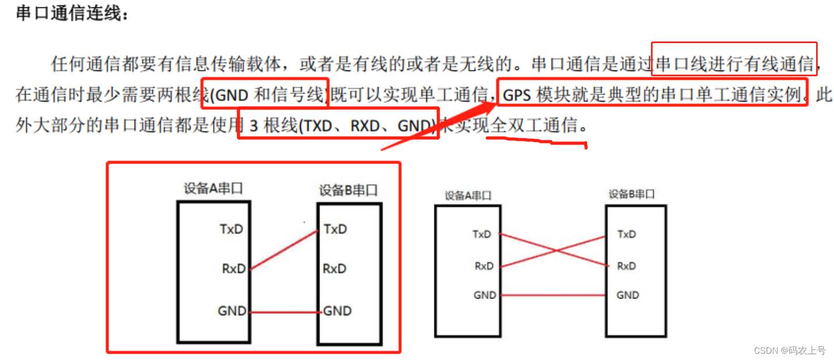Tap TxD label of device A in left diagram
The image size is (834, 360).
231,229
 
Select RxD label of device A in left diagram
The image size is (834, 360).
233,269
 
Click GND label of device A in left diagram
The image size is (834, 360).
231,311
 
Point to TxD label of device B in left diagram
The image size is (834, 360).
335,229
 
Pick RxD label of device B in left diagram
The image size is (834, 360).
334,269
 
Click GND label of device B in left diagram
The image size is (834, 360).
337,311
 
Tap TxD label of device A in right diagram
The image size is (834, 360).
482,234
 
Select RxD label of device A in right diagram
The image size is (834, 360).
484,266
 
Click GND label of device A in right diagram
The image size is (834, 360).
484,295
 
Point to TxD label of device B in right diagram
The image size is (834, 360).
626,234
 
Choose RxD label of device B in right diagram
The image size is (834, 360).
626,266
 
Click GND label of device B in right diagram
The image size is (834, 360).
627,295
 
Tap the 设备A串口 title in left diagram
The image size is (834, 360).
213,188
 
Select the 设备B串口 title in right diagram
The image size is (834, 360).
632,194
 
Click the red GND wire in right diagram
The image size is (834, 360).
552,295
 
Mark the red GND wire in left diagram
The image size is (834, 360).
284,312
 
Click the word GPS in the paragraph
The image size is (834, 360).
516,96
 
